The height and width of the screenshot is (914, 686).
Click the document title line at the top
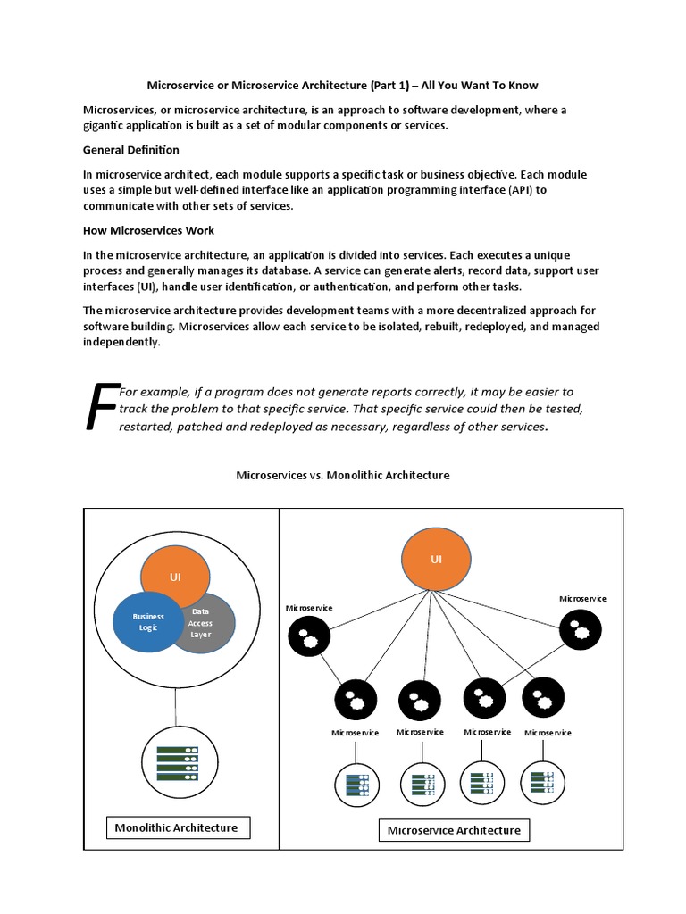(x=342, y=86)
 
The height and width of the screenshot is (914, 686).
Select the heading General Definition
(x=130, y=150)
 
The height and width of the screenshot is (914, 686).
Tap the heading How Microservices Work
(x=148, y=231)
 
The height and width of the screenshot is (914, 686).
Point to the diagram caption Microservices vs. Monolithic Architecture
(x=342, y=476)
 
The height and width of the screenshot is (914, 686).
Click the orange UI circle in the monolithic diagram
(x=176, y=577)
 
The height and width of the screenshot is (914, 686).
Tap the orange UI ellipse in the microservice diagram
(x=436, y=561)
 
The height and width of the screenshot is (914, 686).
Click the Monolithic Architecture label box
(x=177, y=827)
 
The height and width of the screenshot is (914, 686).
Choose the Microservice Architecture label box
(x=454, y=830)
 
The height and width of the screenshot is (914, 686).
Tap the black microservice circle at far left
(x=309, y=636)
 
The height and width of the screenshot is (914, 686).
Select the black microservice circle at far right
(x=581, y=630)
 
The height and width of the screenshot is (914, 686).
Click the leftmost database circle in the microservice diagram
(x=356, y=785)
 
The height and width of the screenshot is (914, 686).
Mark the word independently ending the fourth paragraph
(x=121, y=342)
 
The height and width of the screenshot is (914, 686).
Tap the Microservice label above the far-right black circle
(x=582, y=598)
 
